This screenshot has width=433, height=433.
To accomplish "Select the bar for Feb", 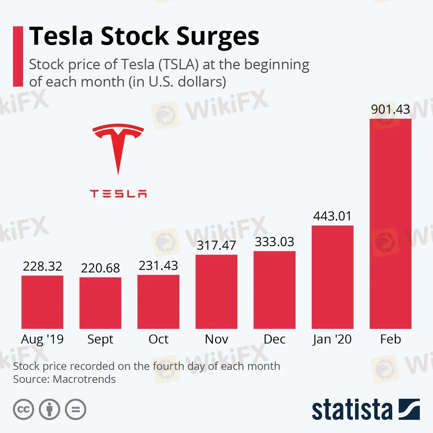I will (390, 224).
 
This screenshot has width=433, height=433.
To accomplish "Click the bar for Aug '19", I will (42, 302).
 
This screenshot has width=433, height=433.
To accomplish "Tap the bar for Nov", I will (216, 292).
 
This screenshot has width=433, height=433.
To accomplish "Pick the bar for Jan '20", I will (332, 277).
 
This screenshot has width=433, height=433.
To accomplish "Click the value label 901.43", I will (390, 109).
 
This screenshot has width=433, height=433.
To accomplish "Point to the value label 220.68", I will (100, 268).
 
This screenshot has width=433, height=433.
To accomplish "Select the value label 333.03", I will (275, 242).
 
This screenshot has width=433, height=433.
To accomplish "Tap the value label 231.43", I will (158, 266).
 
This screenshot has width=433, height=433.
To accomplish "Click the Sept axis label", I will (100, 340).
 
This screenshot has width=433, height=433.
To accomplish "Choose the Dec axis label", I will (275, 339).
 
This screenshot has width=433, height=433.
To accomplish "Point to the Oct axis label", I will (158, 339).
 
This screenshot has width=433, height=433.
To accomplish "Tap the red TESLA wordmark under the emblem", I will (118, 194).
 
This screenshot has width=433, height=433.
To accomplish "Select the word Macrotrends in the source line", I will (84, 379).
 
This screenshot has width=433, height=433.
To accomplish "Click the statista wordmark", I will (352, 410).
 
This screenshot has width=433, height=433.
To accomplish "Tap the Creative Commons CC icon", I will (23, 410).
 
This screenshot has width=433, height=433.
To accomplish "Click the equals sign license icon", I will (76, 410).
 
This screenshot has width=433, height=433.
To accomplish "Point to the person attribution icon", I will (49, 410).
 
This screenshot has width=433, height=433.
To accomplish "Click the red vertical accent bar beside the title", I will (18, 56).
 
